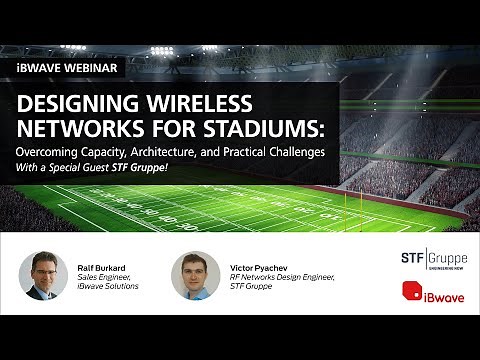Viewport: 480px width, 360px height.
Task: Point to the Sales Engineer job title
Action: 106,279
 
